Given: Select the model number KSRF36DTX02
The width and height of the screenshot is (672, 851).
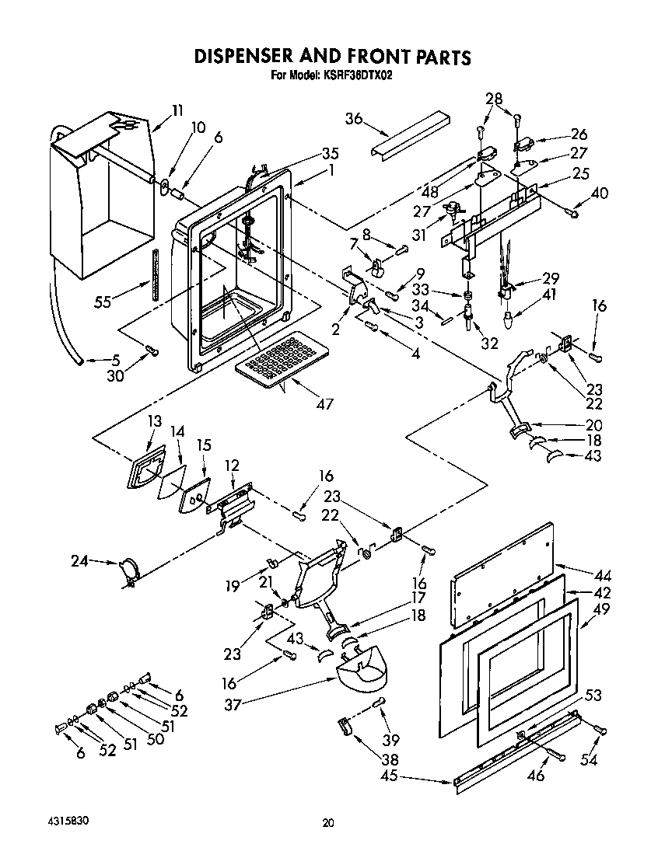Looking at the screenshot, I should [355, 75].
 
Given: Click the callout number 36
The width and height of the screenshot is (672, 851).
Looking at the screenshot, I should [354, 118].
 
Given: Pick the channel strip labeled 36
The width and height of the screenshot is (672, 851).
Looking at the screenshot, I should [411, 134].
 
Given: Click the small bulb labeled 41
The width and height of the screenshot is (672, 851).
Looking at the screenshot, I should [507, 318].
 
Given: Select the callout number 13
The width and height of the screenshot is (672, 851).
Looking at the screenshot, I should [154, 421].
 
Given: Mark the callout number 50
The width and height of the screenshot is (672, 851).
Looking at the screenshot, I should [155, 739].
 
